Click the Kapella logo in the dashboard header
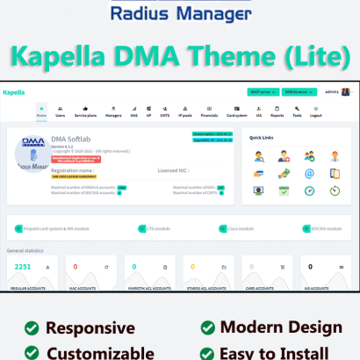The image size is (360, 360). pyautogui.click(x=13, y=91)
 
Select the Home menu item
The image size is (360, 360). pyautogui.click(x=41, y=112)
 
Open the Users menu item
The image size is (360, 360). pyautogui.click(x=61, y=112)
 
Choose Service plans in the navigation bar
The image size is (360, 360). pyautogui.click(x=86, y=112)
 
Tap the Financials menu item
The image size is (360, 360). pyautogui.click(x=210, y=112)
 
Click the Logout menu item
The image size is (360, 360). pyautogui.click(x=316, y=112)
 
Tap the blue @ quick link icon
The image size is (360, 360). pyautogui.click(x=310, y=174)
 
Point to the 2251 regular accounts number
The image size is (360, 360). pyautogui.click(x=23, y=266)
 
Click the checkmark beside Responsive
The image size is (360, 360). pyautogui.click(x=32, y=328)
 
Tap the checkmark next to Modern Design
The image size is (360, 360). pyautogui.click(x=207, y=328)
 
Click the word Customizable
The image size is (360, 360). pyautogui.click(x=101, y=353)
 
